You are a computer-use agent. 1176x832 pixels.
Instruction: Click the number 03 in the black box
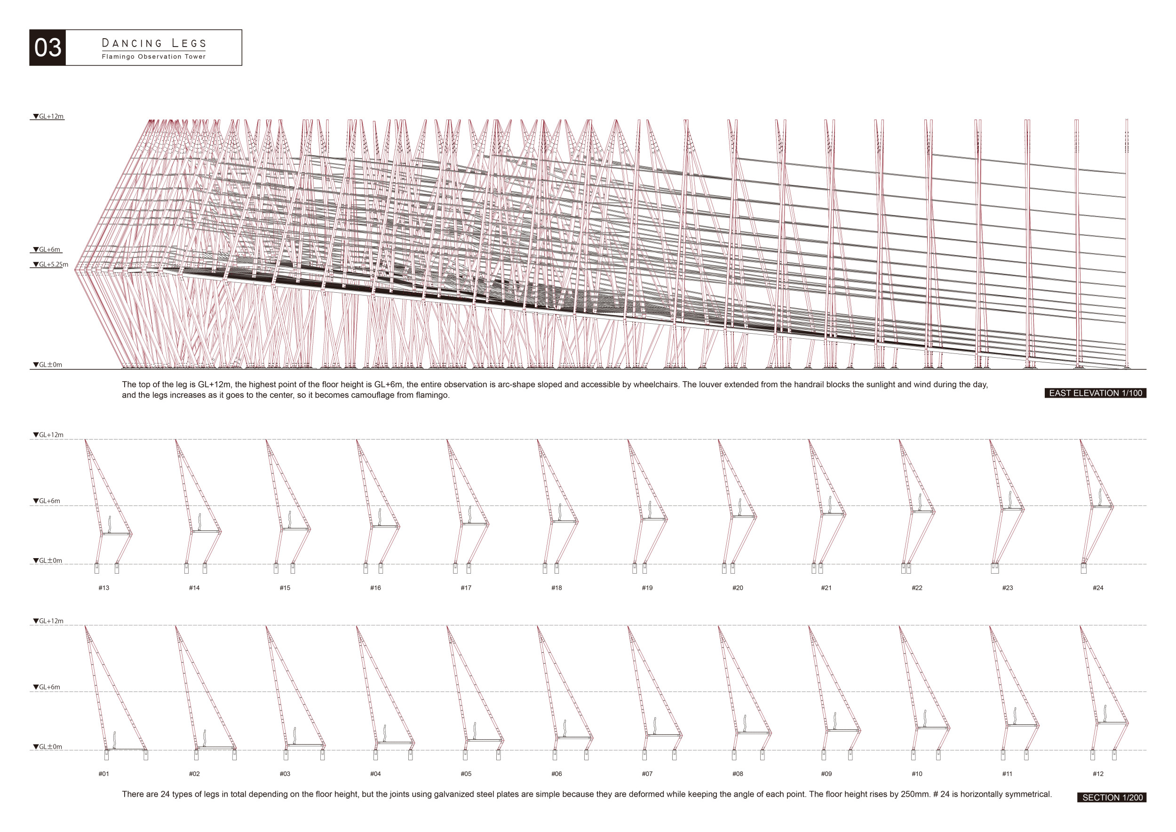tap(48, 48)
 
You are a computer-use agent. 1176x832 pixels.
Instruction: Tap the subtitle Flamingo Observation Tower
tap(154, 56)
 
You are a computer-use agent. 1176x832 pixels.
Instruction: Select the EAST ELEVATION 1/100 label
tap(1095, 393)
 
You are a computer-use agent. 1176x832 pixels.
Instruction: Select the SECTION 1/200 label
tap(1112, 797)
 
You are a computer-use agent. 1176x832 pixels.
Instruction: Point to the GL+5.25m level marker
tap(51, 264)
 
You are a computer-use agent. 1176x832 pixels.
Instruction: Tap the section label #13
tap(104, 588)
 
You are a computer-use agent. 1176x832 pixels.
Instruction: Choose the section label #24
tap(1098, 588)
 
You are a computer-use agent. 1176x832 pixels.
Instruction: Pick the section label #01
tap(104, 774)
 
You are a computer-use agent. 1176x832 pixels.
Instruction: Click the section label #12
tap(1098, 774)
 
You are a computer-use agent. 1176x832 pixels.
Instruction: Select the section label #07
tap(647, 774)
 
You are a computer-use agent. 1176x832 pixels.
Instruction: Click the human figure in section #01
tap(114, 740)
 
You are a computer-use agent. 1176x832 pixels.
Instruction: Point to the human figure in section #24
tap(1100, 497)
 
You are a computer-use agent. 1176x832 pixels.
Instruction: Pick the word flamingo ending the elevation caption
tap(432, 395)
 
